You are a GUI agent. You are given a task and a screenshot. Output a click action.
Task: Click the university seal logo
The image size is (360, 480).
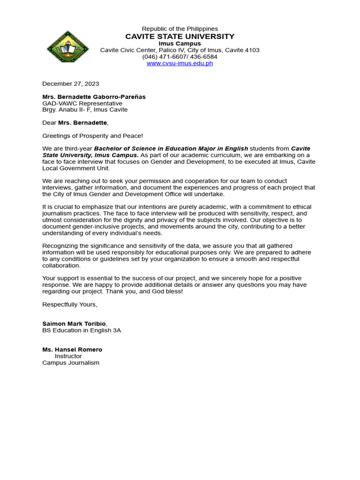click(x=68, y=47)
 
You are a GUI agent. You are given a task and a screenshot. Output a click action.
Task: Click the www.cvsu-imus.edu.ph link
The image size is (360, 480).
click(x=180, y=63)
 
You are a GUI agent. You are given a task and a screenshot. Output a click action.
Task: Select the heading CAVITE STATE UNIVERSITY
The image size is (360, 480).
click(x=180, y=37)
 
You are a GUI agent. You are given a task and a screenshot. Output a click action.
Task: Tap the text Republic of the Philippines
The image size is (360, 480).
click(x=180, y=29)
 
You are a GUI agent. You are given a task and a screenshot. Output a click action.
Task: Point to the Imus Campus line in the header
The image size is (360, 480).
click(x=180, y=44)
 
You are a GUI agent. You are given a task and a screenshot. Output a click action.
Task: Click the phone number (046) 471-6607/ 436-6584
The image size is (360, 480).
click(x=180, y=57)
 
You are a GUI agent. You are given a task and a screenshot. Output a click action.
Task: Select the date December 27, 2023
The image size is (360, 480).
click(x=71, y=84)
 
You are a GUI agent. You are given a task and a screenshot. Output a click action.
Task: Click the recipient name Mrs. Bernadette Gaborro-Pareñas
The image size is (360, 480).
click(x=94, y=97)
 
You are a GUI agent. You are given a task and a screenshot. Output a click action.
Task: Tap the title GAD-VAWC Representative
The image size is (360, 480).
click(x=82, y=104)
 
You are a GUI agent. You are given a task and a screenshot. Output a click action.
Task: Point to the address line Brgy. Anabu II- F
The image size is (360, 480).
click(x=85, y=110)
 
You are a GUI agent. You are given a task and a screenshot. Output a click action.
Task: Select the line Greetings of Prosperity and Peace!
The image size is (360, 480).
click(x=92, y=136)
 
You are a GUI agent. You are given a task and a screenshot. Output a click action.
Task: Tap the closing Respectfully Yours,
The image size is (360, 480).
click(x=70, y=305)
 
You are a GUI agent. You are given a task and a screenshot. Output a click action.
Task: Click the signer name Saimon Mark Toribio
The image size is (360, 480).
click(x=74, y=324)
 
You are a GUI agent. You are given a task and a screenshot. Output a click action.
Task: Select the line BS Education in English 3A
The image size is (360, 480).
click(x=82, y=330)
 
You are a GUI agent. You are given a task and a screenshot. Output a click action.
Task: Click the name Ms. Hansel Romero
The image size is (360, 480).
click(x=72, y=350)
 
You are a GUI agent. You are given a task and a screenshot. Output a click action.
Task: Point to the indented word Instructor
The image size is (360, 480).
click(x=68, y=356)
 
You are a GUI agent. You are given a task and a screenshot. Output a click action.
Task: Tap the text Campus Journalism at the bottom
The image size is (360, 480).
click(x=71, y=363)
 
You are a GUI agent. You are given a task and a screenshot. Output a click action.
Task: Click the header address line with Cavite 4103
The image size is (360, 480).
click(x=180, y=50)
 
